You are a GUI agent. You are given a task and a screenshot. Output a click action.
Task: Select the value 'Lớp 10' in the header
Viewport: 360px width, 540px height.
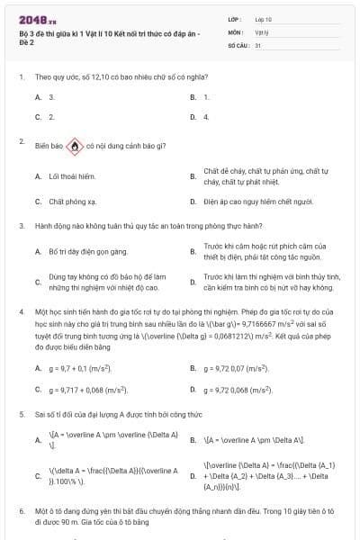pyautogui.click(x=263, y=18)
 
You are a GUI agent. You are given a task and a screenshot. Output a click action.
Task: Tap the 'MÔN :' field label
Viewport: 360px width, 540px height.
pyautogui.click(x=236, y=31)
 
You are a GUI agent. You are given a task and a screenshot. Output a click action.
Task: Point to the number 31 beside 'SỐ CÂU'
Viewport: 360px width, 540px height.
pyautogui.click(x=258, y=43)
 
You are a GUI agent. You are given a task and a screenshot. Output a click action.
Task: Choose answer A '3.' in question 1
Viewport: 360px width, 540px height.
pyautogui.click(x=51, y=96)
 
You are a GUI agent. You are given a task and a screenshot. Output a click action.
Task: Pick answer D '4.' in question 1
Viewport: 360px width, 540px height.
pyautogui.click(x=206, y=117)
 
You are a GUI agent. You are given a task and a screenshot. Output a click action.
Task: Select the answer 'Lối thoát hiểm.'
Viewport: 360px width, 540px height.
pyautogui.click(x=71, y=176)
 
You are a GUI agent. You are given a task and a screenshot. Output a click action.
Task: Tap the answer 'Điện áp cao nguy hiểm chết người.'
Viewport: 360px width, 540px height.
pyautogui.click(x=257, y=202)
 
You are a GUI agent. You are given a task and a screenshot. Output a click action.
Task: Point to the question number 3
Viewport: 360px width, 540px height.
pyautogui.click(x=21, y=226)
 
